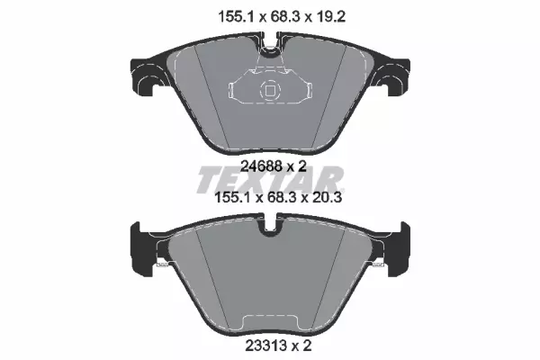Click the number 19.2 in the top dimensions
point(330,16)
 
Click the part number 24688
point(261,166)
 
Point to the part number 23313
point(265,346)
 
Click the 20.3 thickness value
point(327,197)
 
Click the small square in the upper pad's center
point(270,91)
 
